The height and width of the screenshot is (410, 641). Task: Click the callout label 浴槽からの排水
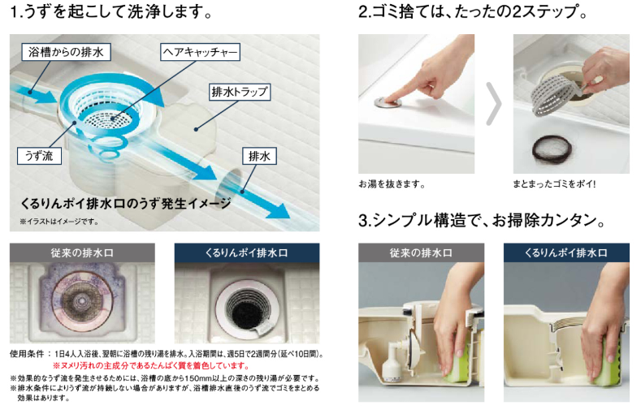(x=66, y=52)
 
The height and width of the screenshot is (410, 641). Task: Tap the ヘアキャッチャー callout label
(x=200, y=52)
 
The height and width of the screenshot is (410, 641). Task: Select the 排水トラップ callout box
(x=240, y=92)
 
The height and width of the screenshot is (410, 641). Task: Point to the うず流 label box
(x=39, y=156)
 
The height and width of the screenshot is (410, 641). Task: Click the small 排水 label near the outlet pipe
(x=259, y=156)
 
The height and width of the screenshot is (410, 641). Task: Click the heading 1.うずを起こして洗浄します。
(x=111, y=12)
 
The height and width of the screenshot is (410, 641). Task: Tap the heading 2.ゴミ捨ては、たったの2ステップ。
(x=473, y=11)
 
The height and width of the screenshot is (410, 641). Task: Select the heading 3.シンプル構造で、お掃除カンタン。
(x=482, y=221)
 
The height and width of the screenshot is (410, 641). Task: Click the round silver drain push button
(x=388, y=102)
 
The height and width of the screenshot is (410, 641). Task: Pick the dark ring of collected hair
(x=552, y=149)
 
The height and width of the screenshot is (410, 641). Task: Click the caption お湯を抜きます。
(x=392, y=184)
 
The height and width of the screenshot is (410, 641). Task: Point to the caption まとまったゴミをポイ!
(x=554, y=184)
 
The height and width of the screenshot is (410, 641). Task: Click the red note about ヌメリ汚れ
(x=150, y=365)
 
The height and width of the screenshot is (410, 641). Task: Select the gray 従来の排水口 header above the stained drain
(x=82, y=252)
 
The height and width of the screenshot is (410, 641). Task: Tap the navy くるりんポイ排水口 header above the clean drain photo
(x=247, y=252)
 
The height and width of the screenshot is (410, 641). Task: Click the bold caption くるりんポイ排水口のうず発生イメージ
(x=126, y=203)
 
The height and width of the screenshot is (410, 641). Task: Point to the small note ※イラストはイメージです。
(x=59, y=222)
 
